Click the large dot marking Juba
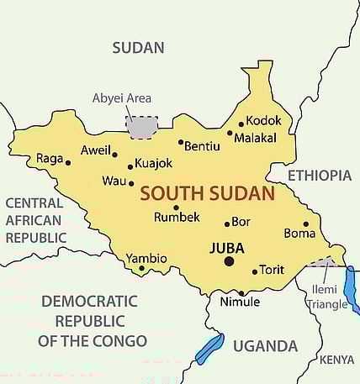228,261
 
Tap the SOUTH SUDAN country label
207,193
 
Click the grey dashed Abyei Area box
141,128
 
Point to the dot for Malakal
230,132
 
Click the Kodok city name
264,121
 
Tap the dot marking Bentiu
180,142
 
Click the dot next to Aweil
114,154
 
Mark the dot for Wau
130,182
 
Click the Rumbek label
177,218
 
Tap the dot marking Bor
226,224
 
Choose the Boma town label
299,233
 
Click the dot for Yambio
141,269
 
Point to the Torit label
272,270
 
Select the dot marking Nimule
241,293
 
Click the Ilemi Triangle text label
327,297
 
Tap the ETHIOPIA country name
319,175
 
